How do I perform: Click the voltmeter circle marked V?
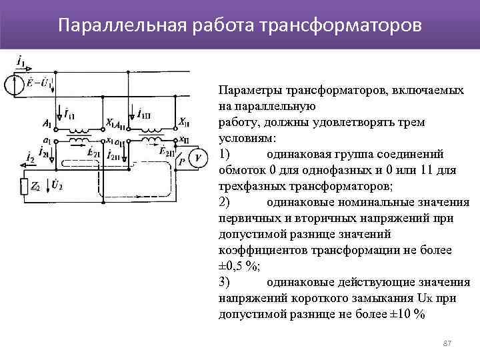pos(198,157)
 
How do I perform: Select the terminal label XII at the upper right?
pos(184,122)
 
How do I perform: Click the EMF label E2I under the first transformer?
pos(93,153)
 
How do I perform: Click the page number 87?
pos(447,343)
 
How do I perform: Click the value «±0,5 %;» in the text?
pos(240,267)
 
